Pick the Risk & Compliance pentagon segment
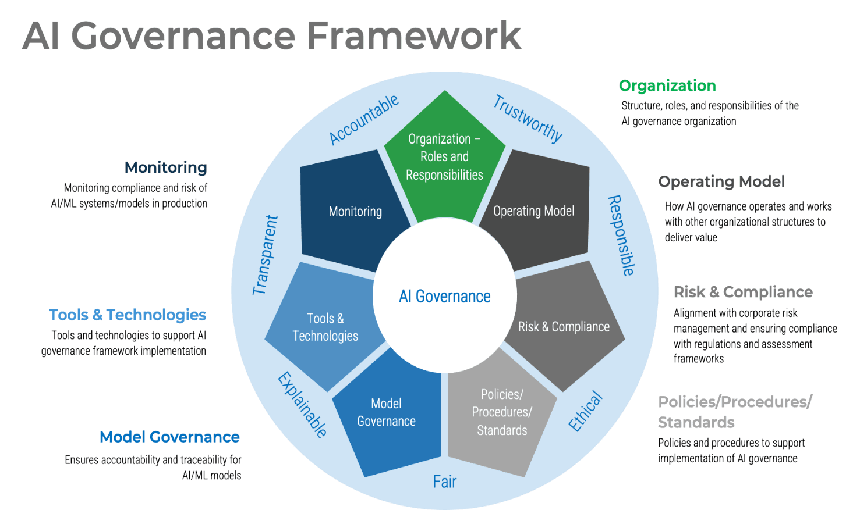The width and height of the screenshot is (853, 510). click(564, 327)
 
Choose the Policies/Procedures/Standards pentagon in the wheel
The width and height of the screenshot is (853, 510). click(502, 412)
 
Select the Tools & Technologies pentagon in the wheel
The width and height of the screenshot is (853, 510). click(325, 327)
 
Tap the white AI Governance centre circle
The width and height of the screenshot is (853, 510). click(444, 297)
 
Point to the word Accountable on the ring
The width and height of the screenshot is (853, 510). click(364, 119)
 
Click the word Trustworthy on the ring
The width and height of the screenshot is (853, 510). click(528, 119)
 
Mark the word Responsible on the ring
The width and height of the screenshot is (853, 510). click(621, 236)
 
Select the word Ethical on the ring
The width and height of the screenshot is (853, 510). click(585, 412)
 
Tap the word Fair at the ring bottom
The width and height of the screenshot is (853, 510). click(444, 482)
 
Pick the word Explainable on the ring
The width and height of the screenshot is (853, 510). click(302, 405)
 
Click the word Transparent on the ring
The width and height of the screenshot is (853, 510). click(266, 255)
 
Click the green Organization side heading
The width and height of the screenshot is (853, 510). click(667, 86)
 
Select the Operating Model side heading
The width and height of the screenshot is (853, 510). click(721, 182)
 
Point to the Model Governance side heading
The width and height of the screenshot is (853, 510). click(169, 437)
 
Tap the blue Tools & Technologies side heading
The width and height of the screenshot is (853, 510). click(128, 315)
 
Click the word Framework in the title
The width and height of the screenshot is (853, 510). click(413, 36)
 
